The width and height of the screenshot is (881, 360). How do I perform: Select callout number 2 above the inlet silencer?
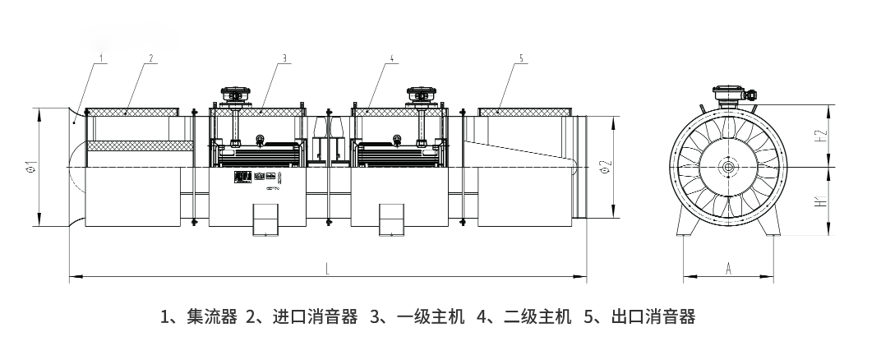[152, 58]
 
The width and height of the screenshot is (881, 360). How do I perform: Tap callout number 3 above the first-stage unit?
[284, 58]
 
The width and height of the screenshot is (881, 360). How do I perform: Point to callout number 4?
[393, 58]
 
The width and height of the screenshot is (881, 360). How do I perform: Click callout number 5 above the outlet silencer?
[522, 58]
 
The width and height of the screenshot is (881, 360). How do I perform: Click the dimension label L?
[327, 269]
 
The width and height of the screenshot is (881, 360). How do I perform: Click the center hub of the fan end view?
[728, 167]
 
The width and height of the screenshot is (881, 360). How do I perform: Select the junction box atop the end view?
[728, 94]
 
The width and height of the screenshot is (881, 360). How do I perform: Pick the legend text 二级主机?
[537, 316]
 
